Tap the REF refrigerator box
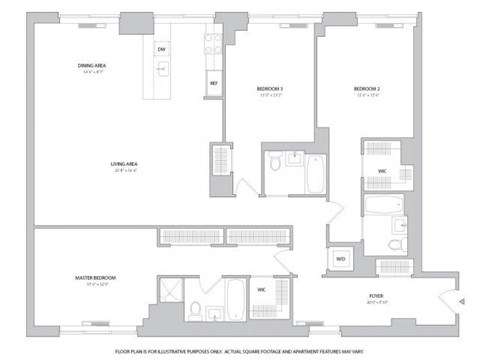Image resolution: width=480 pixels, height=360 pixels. coord(213,83)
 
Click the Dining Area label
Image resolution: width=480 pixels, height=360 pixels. coord(92,66)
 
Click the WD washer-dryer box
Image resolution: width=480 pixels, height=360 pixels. coord(340,258)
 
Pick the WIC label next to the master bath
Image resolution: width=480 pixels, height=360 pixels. coord(260,290)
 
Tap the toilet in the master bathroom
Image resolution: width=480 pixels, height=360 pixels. coord(197,307)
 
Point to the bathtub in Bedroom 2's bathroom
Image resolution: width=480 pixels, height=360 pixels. coord(381,208)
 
